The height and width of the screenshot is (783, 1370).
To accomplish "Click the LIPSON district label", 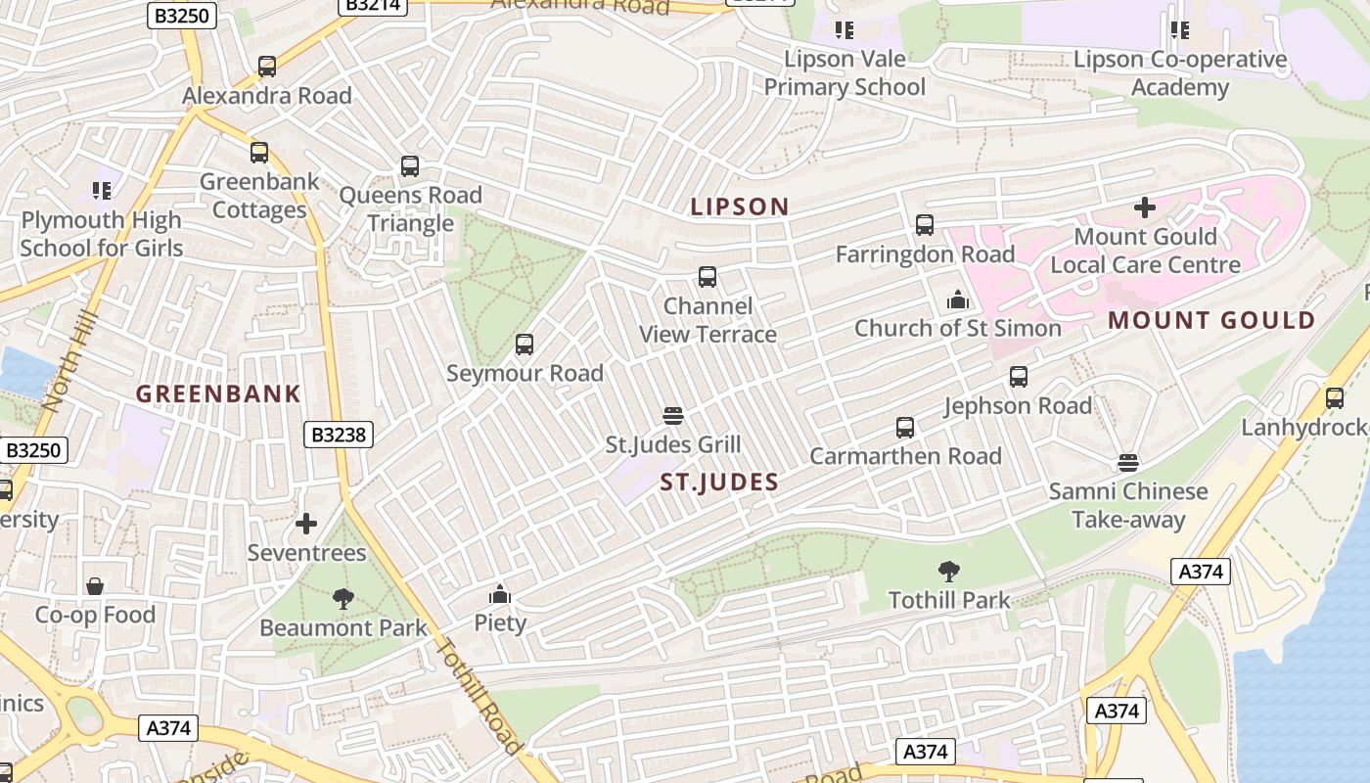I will pyautogui.click(x=739, y=207).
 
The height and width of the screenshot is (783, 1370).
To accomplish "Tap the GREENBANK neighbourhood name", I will pyautogui.click(x=218, y=394).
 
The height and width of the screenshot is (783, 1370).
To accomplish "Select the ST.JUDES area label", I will pyautogui.click(x=719, y=482).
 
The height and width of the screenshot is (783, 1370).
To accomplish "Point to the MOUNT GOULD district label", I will pyautogui.click(x=1211, y=321).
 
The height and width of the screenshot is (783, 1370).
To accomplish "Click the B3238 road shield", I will pyautogui.click(x=338, y=434).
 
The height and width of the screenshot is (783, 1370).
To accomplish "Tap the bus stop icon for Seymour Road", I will pyautogui.click(x=525, y=345).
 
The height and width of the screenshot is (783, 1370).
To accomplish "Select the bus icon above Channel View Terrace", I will pyautogui.click(x=708, y=277).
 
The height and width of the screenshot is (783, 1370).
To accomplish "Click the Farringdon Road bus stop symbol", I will pyautogui.click(x=925, y=225).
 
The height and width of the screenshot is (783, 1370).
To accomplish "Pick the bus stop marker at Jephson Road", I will pyautogui.click(x=1019, y=377).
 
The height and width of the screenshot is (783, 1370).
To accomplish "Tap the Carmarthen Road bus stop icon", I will pyautogui.click(x=905, y=428).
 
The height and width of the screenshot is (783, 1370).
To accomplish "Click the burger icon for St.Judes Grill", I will pyautogui.click(x=672, y=416).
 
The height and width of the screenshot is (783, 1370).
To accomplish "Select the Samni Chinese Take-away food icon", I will pyautogui.click(x=1128, y=462).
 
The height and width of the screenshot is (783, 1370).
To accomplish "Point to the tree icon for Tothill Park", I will pyautogui.click(x=948, y=571).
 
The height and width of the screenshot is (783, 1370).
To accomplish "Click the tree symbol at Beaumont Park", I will pyautogui.click(x=342, y=598).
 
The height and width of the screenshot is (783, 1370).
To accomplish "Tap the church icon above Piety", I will pyautogui.click(x=500, y=594).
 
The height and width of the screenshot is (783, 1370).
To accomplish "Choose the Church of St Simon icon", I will pyautogui.click(x=958, y=299).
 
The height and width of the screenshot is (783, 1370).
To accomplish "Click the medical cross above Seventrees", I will pyautogui.click(x=306, y=524).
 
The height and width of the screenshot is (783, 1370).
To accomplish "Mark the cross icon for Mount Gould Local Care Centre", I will pyautogui.click(x=1145, y=207).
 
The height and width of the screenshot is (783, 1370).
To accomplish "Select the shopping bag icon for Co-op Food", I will pyautogui.click(x=95, y=586).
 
